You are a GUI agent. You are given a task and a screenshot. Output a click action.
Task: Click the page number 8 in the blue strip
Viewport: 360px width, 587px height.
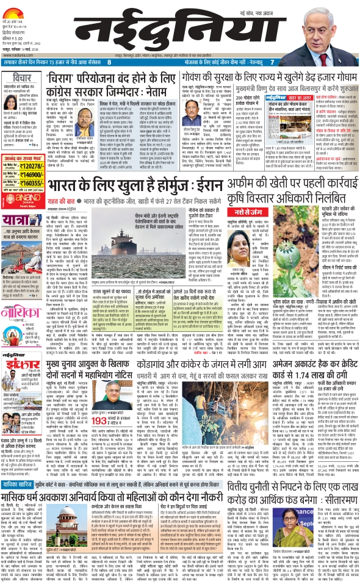coord(109,62)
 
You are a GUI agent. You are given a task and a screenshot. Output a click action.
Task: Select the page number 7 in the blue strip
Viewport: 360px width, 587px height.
coord(272,62)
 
